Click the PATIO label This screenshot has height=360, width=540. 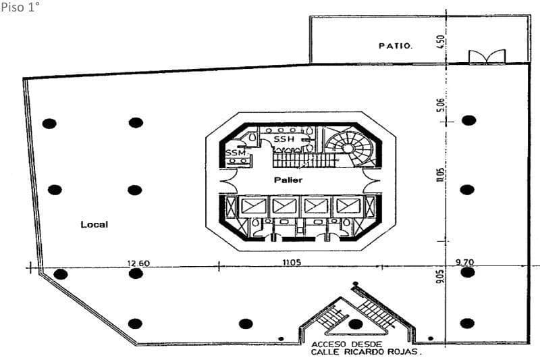pyautogui.click(x=395, y=46)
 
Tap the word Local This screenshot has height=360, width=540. pyautogui.click(x=94, y=225)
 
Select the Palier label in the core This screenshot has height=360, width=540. pyautogui.click(x=288, y=180)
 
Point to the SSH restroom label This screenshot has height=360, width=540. pyautogui.click(x=284, y=139)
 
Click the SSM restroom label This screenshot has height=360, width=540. pyautogui.click(x=236, y=153)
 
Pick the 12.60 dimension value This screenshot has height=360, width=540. pyautogui.click(x=138, y=263)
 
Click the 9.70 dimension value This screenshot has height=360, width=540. pyautogui.click(x=465, y=262)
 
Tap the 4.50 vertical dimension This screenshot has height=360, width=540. pyautogui.click(x=441, y=42)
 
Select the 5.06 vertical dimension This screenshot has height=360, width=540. pyautogui.click(x=441, y=105)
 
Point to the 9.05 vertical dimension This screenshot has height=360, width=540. pyautogui.click(x=440, y=277)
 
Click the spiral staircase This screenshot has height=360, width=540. pyautogui.click(x=349, y=148)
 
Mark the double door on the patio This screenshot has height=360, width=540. pyautogui.click(x=487, y=57)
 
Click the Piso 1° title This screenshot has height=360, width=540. pyautogui.click(x=20, y=7)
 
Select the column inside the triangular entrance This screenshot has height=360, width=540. pyautogui.click(x=356, y=324)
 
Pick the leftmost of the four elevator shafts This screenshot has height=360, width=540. pyautogui.click(x=254, y=207)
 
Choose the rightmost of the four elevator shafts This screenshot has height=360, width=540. pyautogui.click(x=348, y=207)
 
